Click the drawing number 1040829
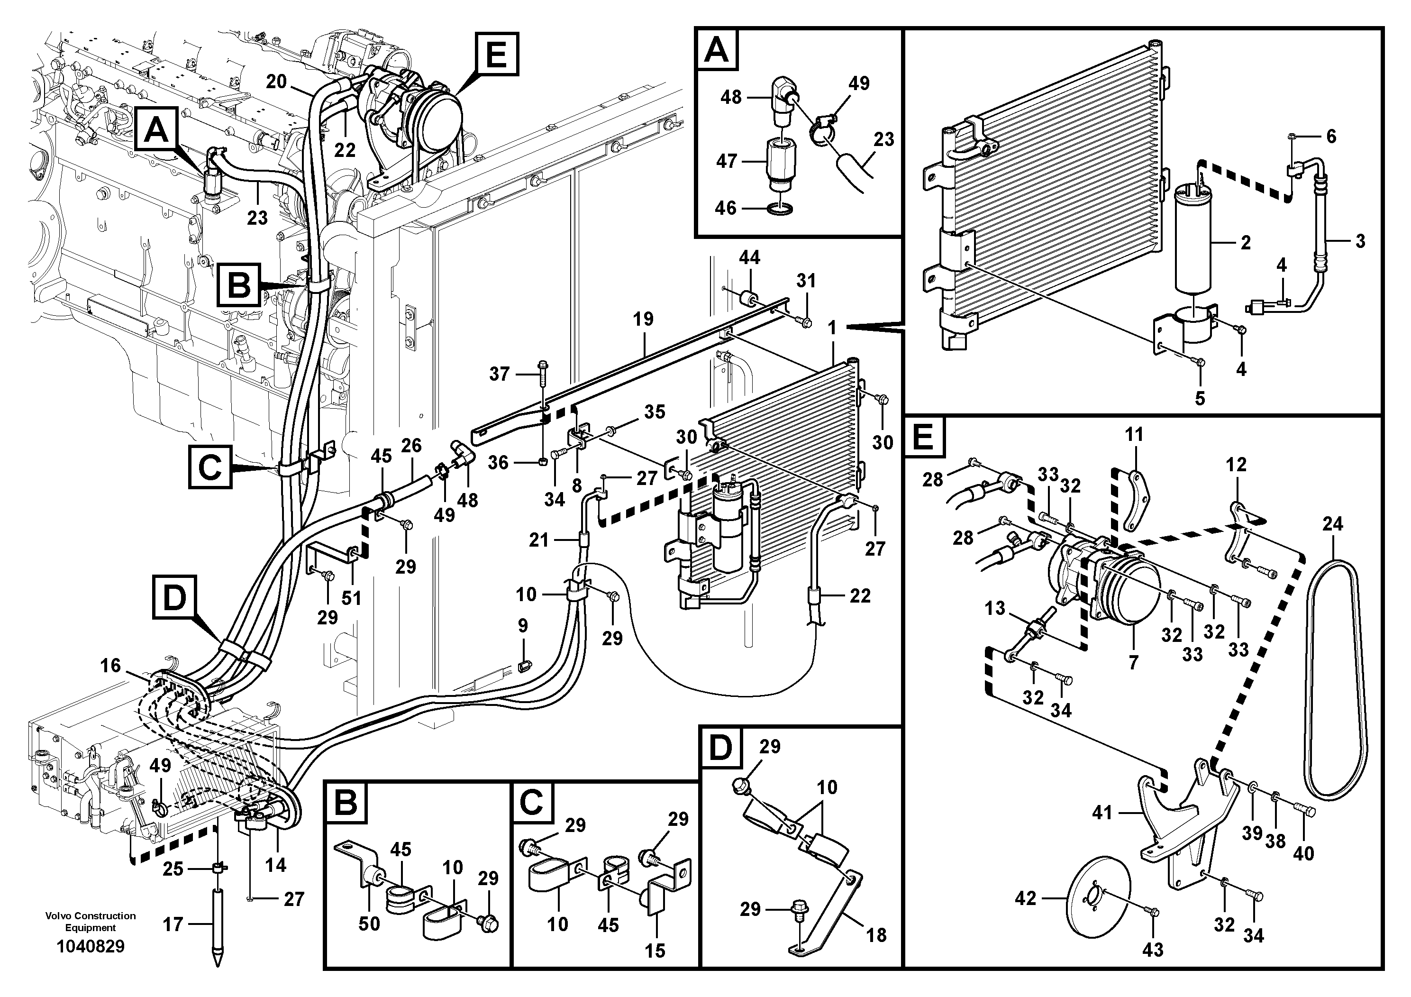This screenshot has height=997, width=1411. tap(91, 946)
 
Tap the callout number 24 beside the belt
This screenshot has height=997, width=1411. tap(1332, 524)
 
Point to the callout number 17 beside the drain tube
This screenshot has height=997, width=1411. tap(173, 924)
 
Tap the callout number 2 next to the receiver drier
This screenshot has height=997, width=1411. tap(1245, 242)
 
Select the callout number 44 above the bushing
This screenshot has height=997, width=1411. tap(749, 257)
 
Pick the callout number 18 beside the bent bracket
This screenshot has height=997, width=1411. tap(876, 935)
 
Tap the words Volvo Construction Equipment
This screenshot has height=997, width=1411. tap(91, 922)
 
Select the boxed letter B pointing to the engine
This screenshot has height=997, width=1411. tap(238, 285)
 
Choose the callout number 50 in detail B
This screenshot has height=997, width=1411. tap(369, 924)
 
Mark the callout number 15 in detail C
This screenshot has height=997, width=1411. tap(655, 951)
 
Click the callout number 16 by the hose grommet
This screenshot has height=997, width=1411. tap(110, 665)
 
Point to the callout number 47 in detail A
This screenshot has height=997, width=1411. tap(727, 161)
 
